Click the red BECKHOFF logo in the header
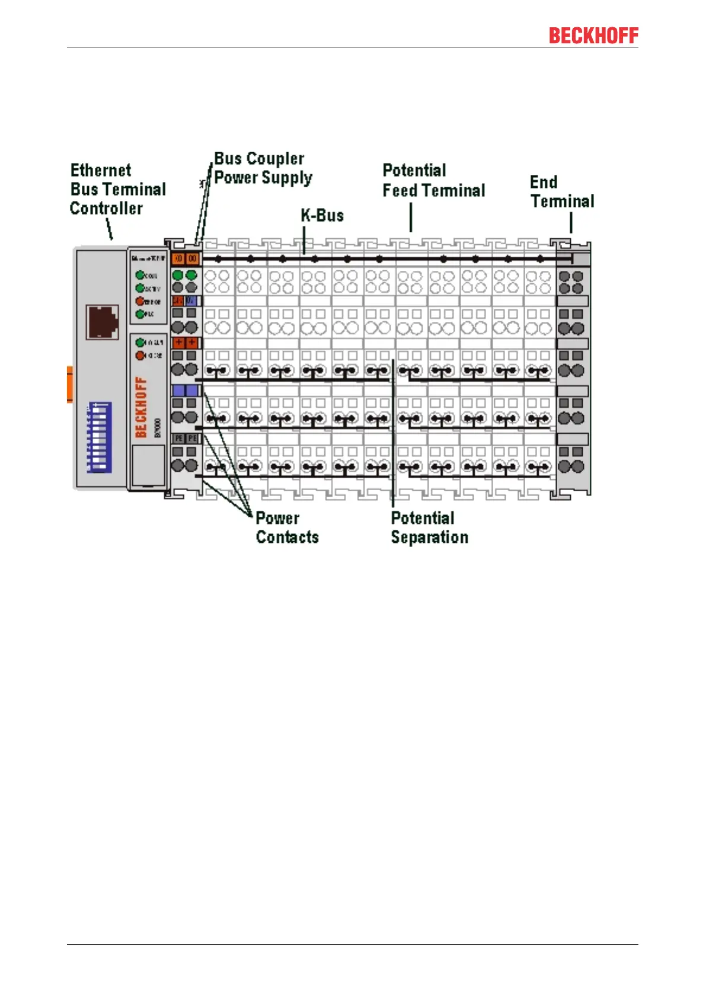tap(593, 36)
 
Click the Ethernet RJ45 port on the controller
tap(102, 322)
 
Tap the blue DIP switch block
tap(99, 437)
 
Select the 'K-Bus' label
tap(322, 215)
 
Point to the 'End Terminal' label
tap(561, 191)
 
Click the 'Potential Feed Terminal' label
tap(433, 180)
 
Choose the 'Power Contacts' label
tap(287, 527)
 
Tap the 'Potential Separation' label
tap(429, 527)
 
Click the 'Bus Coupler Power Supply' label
tap(263, 168)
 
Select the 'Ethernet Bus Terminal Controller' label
tap(117, 189)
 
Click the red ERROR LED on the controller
tap(140, 301)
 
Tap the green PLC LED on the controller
tap(140, 314)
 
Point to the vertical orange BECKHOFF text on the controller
tap(140, 407)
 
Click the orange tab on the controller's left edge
tap(69, 385)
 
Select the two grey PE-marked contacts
tap(186, 439)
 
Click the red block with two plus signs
tap(186, 343)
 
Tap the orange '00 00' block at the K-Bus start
tap(186, 258)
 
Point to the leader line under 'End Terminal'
tap(571, 222)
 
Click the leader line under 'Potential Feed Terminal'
tap(411, 217)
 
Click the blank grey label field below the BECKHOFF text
tap(147, 465)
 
